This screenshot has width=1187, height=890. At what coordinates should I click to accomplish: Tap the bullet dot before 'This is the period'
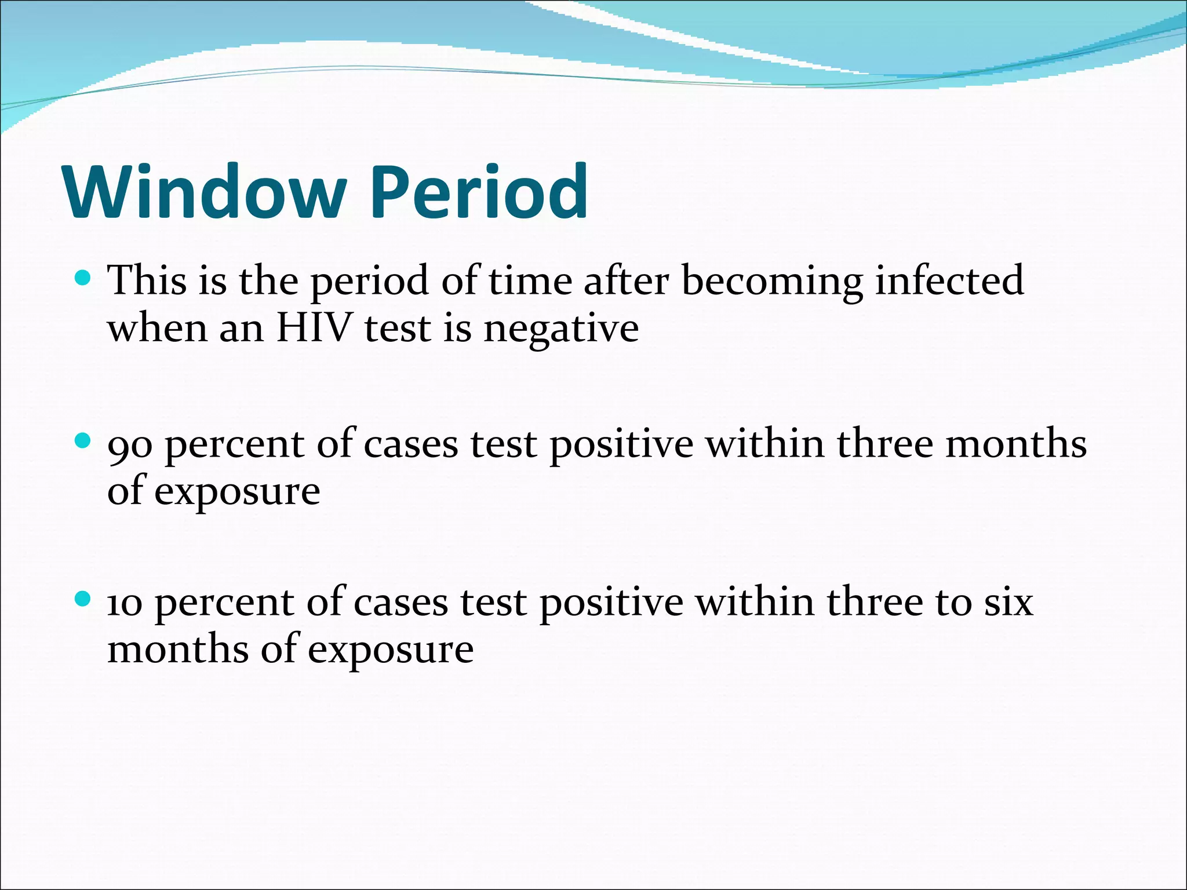click(x=83, y=279)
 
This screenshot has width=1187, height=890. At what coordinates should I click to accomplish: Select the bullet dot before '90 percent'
click(x=83, y=442)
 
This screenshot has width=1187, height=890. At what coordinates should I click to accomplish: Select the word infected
click(x=949, y=280)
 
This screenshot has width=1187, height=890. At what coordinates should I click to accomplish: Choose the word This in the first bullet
click(x=148, y=280)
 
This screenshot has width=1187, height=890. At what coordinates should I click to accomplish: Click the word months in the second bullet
click(x=1015, y=444)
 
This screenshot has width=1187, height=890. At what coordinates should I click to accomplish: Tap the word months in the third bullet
click(x=178, y=649)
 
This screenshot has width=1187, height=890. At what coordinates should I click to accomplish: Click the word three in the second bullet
click(x=884, y=444)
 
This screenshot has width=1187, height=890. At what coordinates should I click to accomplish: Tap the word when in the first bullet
click(x=157, y=328)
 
